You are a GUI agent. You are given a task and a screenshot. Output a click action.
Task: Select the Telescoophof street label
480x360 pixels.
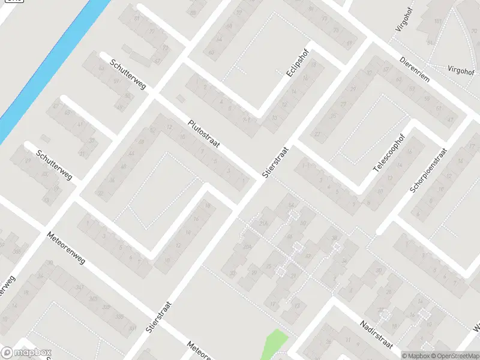click(389, 154)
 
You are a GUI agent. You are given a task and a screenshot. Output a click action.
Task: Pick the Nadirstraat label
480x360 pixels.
click(376, 334)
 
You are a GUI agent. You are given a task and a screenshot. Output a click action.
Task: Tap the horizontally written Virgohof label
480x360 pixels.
click(461, 70)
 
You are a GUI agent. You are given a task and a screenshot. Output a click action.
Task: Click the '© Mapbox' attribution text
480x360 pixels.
click(415, 355)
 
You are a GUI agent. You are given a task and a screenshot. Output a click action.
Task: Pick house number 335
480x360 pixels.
click(119, 316)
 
